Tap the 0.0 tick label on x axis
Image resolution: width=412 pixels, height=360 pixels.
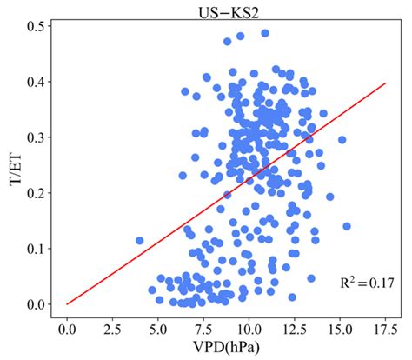pyautogui.click(x=67, y=330)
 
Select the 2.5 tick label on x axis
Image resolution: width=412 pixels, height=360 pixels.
pyautogui.click(x=112, y=330)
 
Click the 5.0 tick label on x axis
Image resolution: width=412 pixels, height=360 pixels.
pyautogui.click(x=158, y=330)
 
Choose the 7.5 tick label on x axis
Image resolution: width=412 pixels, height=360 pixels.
pyautogui.click(x=203, y=330)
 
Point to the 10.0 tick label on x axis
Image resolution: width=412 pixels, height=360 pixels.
pyautogui.click(x=249, y=330)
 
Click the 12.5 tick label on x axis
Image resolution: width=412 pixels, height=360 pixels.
pyautogui.click(x=295, y=330)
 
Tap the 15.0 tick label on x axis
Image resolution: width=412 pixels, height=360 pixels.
pyautogui.click(x=341, y=330)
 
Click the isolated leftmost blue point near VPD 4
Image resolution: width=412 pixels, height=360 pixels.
pyautogui.click(x=139, y=240)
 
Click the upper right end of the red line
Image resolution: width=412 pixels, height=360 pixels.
pyautogui.click(x=385, y=84)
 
